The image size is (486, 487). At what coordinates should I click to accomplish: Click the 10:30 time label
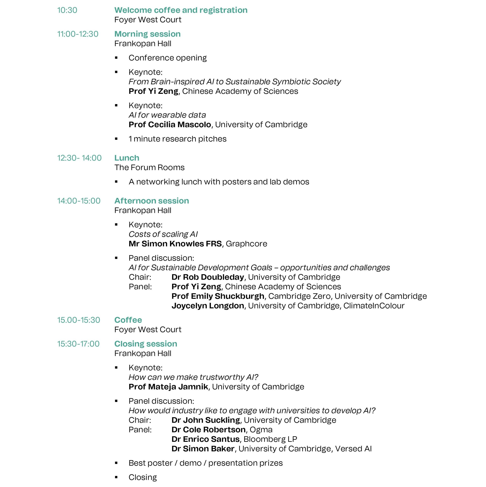click(67, 10)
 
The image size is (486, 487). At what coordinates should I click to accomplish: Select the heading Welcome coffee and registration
click(181, 10)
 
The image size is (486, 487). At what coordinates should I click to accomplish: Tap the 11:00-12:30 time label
click(78, 34)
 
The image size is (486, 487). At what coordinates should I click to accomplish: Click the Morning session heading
click(147, 34)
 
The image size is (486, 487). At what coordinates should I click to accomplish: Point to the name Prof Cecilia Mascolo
click(170, 125)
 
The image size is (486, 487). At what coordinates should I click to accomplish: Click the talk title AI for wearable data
click(167, 115)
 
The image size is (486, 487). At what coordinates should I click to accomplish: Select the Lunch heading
click(127, 158)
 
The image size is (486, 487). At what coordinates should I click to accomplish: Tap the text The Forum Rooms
click(149, 167)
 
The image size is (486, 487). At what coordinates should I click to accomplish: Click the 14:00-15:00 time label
click(79, 201)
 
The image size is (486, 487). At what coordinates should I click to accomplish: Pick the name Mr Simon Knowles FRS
click(175, 244)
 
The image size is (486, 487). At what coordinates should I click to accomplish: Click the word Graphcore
click(246, 244)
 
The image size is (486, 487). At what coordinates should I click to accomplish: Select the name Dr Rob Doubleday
click(208, 277)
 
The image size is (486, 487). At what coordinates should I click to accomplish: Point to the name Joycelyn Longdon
click(208, 306)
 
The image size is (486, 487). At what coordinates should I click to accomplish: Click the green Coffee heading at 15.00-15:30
click(128, 320)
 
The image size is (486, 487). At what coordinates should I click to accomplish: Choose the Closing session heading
click(146, 344)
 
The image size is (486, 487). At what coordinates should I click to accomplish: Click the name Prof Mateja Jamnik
click(168, 387)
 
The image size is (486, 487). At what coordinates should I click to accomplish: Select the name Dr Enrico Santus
click(205, 439)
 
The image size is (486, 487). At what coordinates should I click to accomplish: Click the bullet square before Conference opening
click(116, 58)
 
